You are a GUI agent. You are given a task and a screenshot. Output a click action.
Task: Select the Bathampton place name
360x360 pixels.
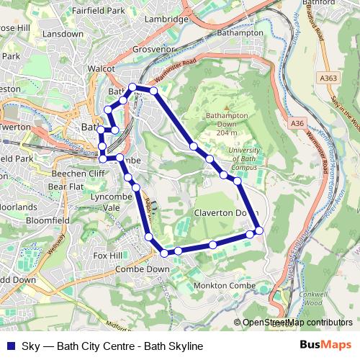pos(244,33)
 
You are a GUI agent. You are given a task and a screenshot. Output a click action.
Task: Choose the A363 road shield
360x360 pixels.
pos(330,78)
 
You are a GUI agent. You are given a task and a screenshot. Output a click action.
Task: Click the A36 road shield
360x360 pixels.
pos(297,123)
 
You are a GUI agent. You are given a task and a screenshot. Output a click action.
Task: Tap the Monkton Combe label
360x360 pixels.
pos(224,287)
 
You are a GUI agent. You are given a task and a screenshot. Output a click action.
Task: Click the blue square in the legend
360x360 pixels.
pos(9,346)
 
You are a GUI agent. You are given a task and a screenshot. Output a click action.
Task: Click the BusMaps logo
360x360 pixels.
pos(326,346)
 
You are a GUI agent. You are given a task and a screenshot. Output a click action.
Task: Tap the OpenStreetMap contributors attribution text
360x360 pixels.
pos(297,323)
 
